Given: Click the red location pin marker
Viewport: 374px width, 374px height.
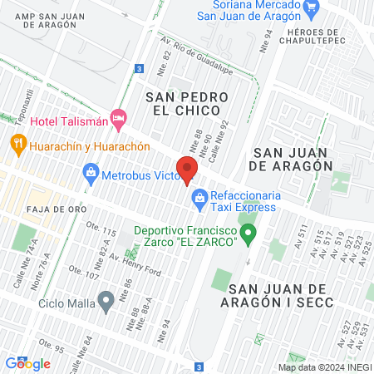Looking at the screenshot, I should click(x=187, y=168).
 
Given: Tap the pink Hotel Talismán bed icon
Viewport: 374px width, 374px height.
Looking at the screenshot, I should click(x=118, y=120).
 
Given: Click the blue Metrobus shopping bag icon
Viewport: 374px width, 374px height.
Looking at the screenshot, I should click(x=91, y=175).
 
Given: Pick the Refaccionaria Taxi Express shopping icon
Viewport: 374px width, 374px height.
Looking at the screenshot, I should click(x=199, y=197).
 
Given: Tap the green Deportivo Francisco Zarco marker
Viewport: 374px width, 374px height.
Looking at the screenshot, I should click(x=247, y=233).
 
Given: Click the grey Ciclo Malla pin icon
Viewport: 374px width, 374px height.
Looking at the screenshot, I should click(x=105, y=301).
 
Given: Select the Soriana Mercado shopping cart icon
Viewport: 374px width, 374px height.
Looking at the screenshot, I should click(x=312, y=10).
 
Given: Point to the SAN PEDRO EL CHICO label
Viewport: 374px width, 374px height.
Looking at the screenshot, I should click(x=183, y=102).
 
